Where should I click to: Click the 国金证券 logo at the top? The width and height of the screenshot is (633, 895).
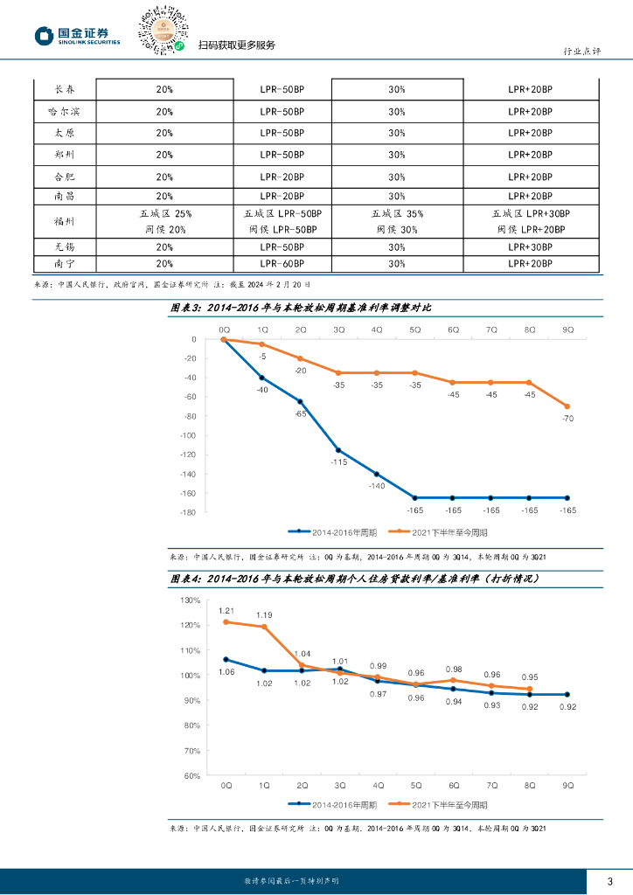pyautogui.click(x=77, y=35)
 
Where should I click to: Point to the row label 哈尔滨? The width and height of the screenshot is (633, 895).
pyautogui.click(x=64, y=111)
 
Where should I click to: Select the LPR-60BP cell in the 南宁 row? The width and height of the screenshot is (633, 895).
pyautogui.click(x=282, y=263)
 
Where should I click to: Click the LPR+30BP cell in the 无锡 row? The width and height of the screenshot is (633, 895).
pyautogui.click(x=531, y=247)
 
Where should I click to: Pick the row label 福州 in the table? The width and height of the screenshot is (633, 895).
pyautogui.click(x=64, y=221)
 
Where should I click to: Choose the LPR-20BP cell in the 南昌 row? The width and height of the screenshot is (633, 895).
pyautogui.click(x=282, y=197)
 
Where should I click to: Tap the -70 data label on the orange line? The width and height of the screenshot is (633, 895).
pyautogui.click(x=567, y=420)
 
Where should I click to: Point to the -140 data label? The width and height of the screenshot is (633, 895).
pyautogui.click(x=377, y=486)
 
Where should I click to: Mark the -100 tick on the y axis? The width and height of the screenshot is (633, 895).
pyautogui.click(x=187, y=435)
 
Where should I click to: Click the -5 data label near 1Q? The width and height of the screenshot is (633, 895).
pyautogui.click(x=261, y=357)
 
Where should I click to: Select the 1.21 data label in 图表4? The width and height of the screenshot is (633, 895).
pyautogui.click(x=226, y=611)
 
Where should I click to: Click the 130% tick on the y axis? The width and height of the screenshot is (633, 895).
pyautogui.click(x=191, y=600)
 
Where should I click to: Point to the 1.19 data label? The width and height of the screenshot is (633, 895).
pyautogui.click(x=264, y=615)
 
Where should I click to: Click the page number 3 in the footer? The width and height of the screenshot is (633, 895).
pyautogui.click(x=609, y=880)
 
